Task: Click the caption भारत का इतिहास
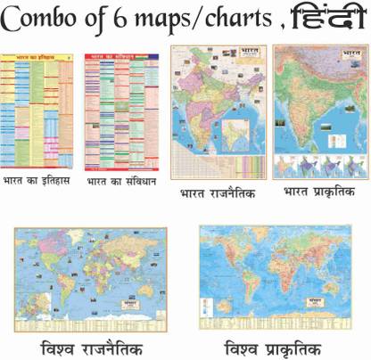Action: tap(40, 182)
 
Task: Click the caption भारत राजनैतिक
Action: tap(217, 191)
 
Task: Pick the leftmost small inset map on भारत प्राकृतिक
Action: tap(285, 167)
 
